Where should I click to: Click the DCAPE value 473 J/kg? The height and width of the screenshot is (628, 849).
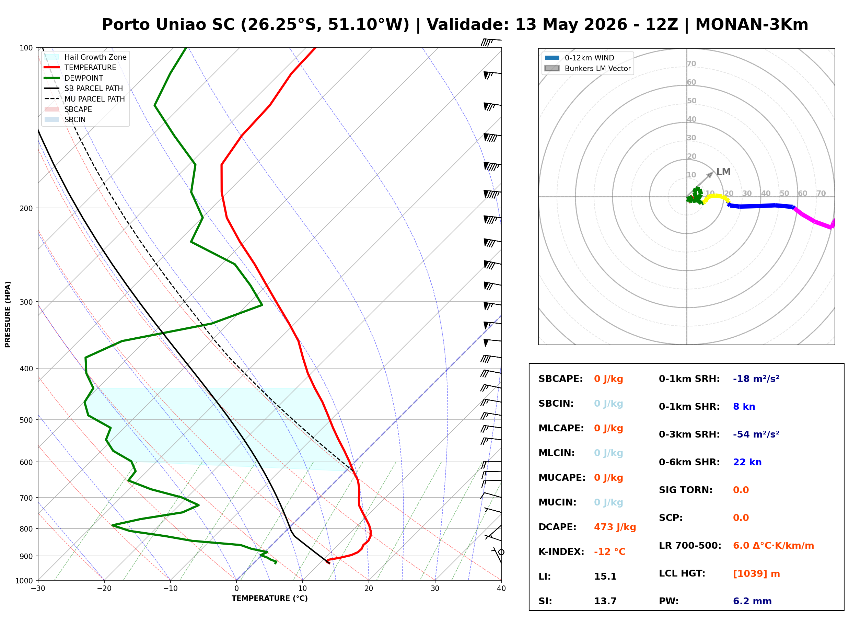(x=615, y=527)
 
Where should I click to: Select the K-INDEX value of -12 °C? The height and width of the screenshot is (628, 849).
(x=609, y=552)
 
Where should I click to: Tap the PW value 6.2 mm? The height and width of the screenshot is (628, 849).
(x=752, y=601)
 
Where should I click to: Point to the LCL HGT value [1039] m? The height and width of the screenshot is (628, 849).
(x=756, y=574)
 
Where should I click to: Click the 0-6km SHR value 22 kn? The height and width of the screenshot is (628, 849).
(x=747, y=462)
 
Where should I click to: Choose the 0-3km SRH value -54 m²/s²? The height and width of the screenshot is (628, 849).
(x=756, y=434)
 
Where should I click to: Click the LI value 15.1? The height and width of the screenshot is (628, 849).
(x=605, y=577)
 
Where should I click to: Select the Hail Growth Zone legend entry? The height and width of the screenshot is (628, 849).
(x=85, y=57)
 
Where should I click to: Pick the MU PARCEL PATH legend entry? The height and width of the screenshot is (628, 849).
(x=85, y=99)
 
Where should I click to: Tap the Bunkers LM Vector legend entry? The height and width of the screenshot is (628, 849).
(x=588, y=68)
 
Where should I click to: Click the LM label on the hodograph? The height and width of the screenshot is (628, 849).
(x=723, y=172)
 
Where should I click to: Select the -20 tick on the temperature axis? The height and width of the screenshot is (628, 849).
(x=104, y=589)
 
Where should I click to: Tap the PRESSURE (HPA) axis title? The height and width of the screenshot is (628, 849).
(x=8, y=314)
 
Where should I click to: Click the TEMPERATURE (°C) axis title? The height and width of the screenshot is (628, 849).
(x=269, y=598)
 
